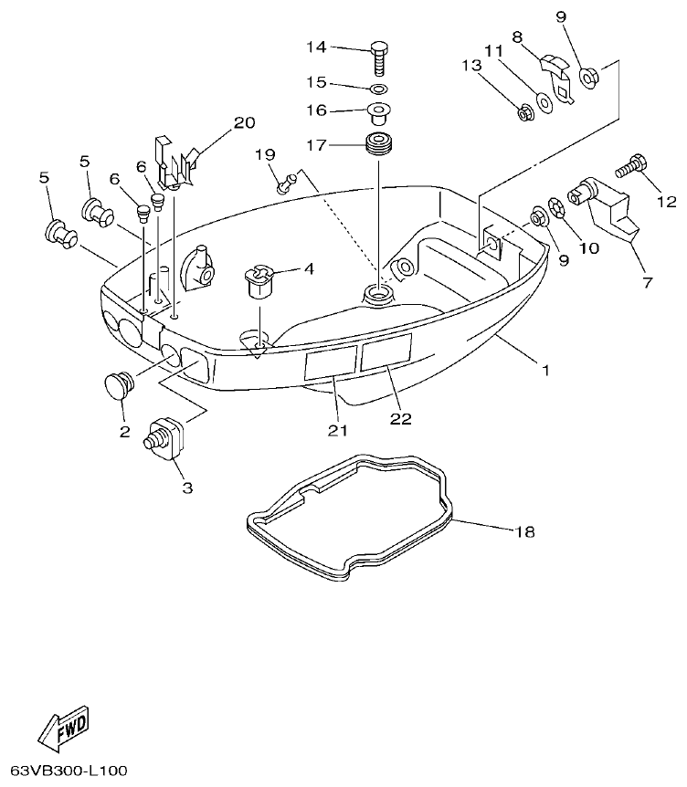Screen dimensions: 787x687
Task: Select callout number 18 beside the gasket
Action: point(523,531)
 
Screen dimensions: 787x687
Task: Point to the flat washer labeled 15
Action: point(378,88)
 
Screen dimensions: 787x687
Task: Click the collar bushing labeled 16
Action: point(377,115)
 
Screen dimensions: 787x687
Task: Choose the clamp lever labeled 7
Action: point(602,210)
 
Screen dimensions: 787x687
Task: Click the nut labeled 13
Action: point(525,113)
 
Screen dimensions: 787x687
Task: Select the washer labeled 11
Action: point(546,103)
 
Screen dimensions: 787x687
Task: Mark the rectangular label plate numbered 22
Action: point(386,352)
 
